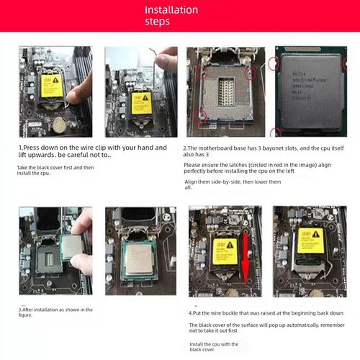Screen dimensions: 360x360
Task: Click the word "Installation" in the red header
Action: [x=171, y=10]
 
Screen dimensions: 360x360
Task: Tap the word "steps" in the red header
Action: [x=157, y=22]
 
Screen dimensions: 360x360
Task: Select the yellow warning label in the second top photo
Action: [x=141, y=102]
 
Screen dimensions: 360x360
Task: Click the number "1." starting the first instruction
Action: [x=22, y=148]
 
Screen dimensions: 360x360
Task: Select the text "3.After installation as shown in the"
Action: [x=55, y=310]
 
